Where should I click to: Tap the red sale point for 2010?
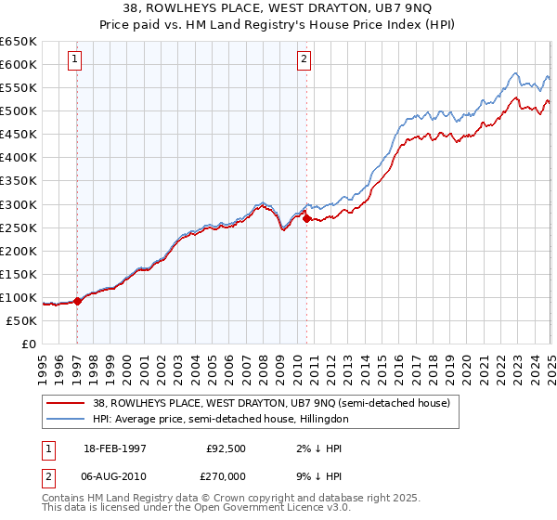click(306, 218)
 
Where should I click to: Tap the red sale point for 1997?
click(77, 300)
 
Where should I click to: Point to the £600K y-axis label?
click(19, 64)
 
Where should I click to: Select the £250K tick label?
click(19, 227)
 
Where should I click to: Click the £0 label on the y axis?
click(28, 344)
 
